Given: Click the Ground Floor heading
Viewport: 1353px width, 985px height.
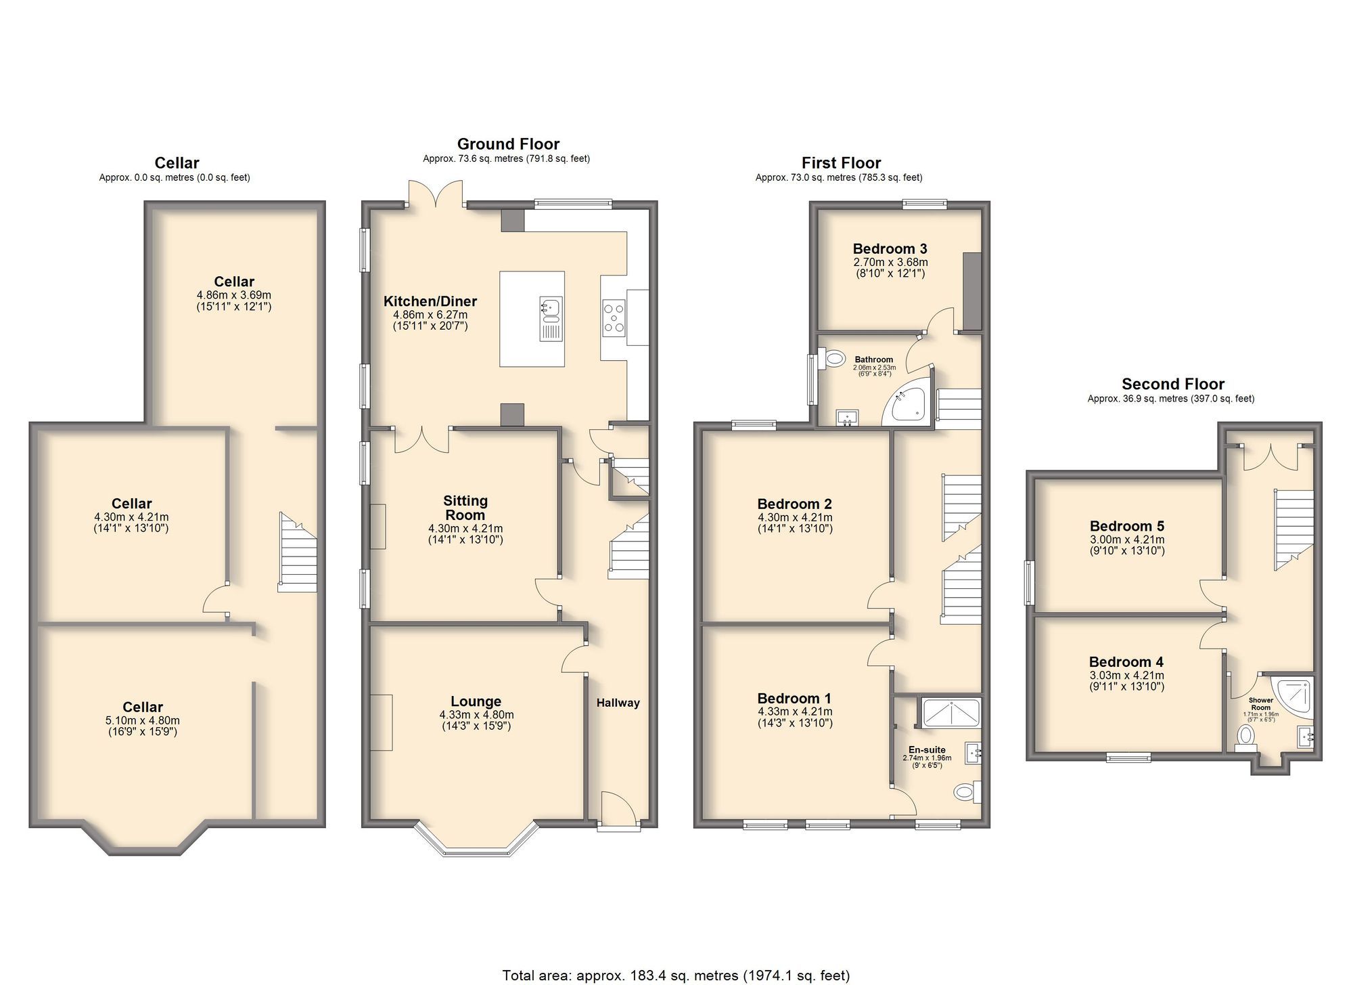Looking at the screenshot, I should [x=508, y=144].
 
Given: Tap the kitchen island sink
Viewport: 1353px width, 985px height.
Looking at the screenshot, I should [x=551, y=318].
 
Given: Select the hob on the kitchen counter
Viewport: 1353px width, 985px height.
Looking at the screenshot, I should [x=614, y=318].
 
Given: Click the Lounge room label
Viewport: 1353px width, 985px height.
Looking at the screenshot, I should [x=476, y=701].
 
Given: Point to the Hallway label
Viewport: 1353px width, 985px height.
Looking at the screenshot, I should [x=618, y=703].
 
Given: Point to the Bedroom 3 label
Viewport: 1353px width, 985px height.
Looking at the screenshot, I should [x=890, y=248].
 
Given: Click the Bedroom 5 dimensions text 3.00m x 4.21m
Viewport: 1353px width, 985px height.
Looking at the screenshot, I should [x=1126, y=540].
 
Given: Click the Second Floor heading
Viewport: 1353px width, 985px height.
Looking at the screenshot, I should [x=1172, y=384].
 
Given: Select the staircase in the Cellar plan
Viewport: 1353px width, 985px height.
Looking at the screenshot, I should [x=298, y=554].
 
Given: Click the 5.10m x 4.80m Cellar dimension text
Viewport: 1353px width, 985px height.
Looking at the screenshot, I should [x=142, y=720].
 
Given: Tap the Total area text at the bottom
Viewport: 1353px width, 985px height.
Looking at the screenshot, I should [x=675, y=976].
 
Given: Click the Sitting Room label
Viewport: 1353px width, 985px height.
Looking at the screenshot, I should [x=465, y=508].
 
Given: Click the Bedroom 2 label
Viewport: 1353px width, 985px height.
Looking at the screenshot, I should [x=794, y=504].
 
